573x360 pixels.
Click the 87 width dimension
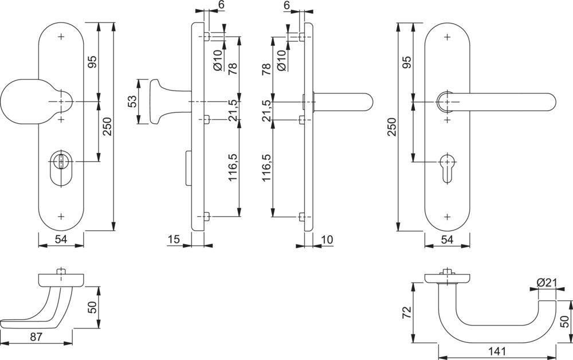click(x=36, y=336)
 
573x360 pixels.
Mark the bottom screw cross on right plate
click(x=448, y=217)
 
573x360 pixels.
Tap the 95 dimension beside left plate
click(x=91, y=62)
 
